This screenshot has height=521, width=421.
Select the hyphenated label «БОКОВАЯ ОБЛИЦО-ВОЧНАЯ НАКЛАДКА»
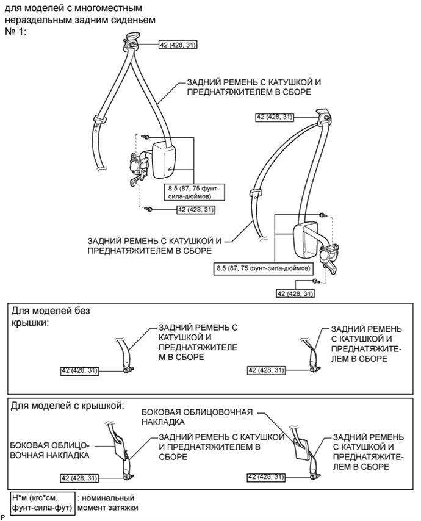49,449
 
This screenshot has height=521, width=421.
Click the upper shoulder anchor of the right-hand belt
323,116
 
